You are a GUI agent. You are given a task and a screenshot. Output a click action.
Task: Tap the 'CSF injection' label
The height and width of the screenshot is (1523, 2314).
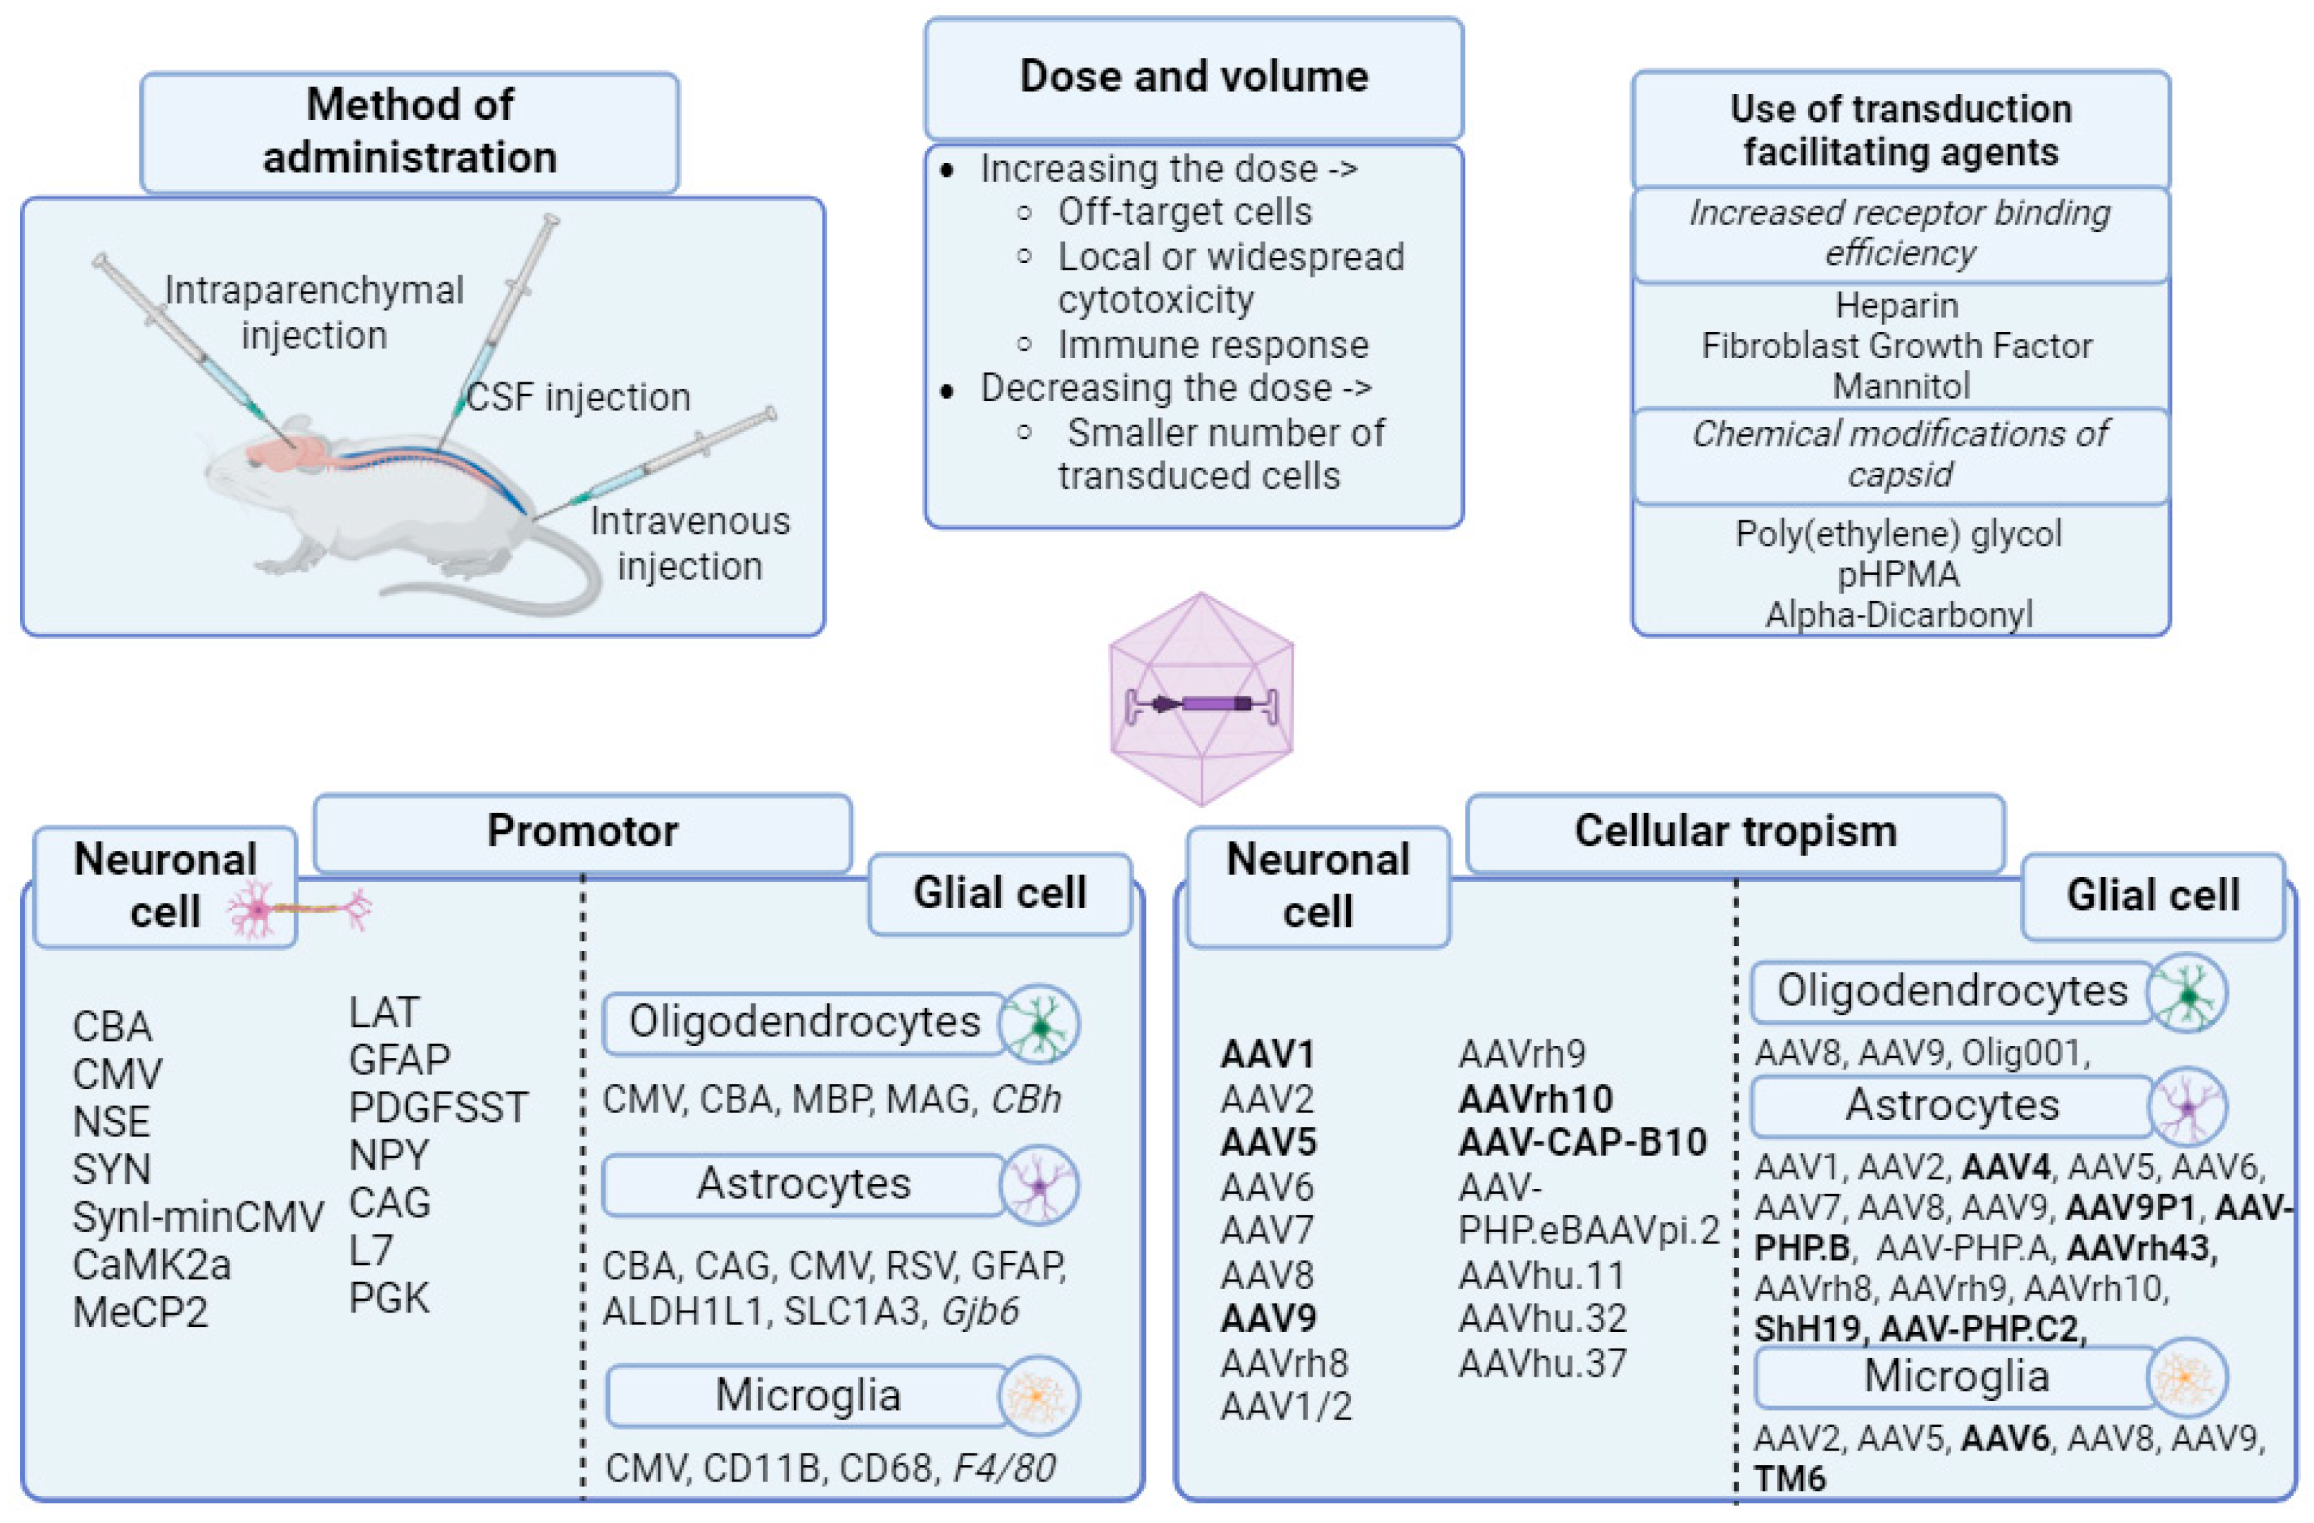point(578,397)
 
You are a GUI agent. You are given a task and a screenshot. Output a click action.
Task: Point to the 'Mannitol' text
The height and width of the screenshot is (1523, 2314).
point(1900,386)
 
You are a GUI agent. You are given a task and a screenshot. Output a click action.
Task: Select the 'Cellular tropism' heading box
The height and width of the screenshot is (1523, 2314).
point(1735,831)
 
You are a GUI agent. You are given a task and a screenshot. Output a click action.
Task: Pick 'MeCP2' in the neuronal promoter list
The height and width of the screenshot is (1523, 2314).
point(140,1312)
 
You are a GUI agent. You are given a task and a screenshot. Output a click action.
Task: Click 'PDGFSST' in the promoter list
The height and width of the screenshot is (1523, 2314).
point(438,1107)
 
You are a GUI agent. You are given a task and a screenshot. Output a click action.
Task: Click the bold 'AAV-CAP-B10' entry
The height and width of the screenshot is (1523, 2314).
point(1582,1142)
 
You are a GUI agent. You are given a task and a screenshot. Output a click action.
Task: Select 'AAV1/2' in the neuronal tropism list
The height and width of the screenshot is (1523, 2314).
point(1285,1406)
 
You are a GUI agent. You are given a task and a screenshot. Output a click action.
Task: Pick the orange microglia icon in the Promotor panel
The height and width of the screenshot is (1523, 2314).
point(1038,1395)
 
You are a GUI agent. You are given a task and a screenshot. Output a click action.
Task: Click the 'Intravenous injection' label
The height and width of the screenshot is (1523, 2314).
point(690,543)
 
